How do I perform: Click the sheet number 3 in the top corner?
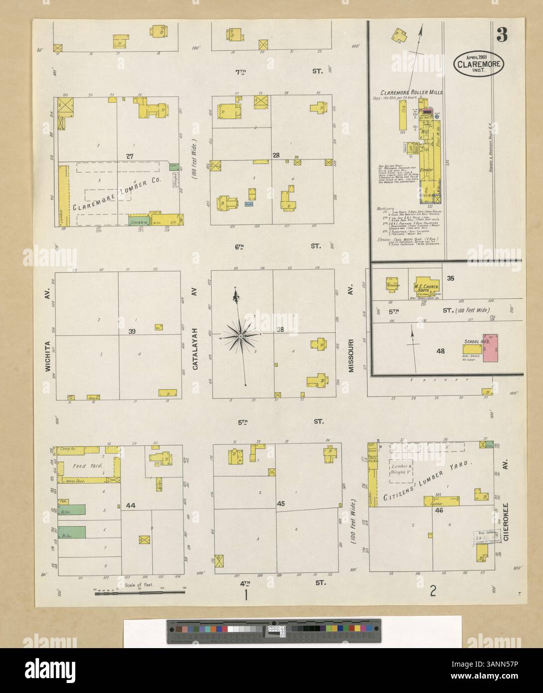(502, 35)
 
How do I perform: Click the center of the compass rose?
(240, 337)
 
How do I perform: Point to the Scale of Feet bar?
(140, 592)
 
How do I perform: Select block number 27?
(130, 156)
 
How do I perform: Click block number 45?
(281, 504)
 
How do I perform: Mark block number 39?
(132, 332)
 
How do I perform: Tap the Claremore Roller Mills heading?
(412, 93)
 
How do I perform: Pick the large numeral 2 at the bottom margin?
(433, 592)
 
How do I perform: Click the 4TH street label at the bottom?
(245, 582)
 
